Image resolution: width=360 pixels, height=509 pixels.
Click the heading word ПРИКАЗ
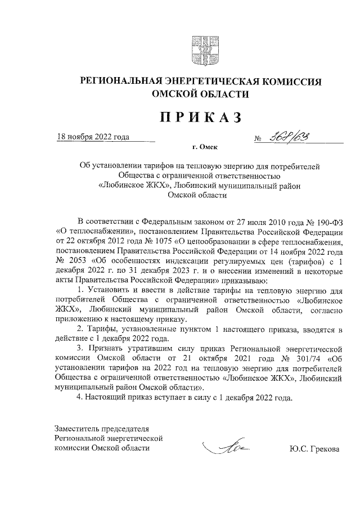(201, 117)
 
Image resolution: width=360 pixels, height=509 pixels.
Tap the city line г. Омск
(204, 147)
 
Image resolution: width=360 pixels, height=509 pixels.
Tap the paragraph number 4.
(78, 399)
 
